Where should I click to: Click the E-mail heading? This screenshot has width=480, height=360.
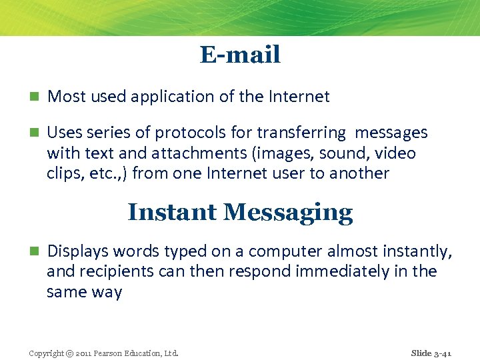coord(240,55)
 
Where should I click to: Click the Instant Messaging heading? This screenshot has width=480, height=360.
coord(240,212)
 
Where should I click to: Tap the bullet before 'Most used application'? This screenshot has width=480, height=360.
coord(33,97)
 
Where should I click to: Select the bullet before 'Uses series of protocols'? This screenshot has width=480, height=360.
coord(33,133)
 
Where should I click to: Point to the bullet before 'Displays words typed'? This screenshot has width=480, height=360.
coord(33,251)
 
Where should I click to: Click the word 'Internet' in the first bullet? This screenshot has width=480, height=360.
coord(299,97)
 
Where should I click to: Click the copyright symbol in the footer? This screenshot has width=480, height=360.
coord(71,353)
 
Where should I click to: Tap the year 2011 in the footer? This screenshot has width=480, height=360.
coord(85,353)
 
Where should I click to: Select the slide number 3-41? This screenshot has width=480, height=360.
coord(441,353)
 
